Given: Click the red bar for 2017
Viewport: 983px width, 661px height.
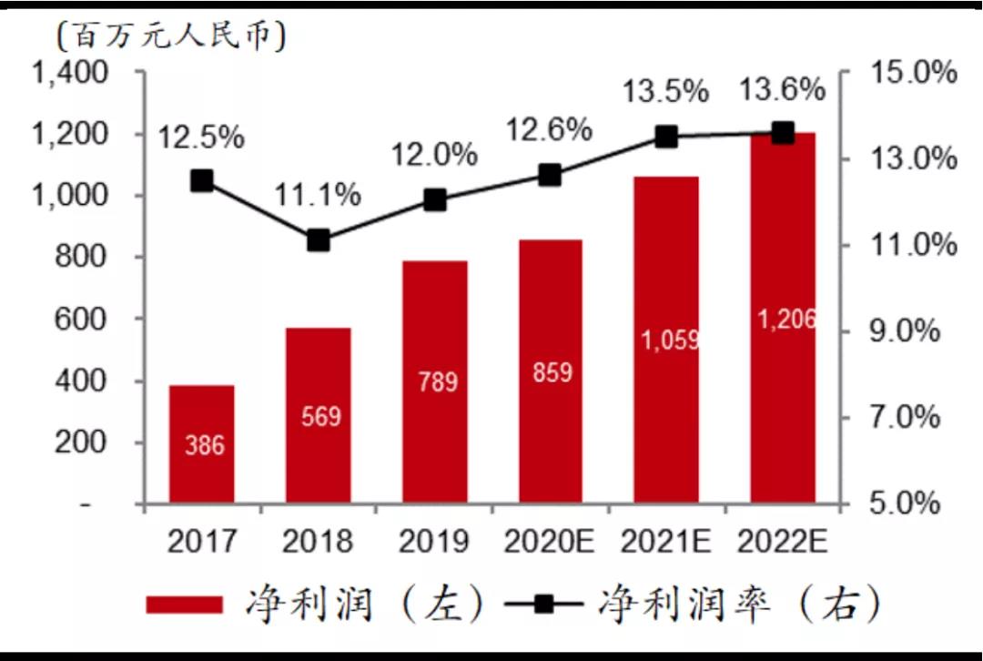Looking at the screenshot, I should coord(201,443).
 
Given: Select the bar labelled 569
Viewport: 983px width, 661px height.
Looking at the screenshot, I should coord(318,415).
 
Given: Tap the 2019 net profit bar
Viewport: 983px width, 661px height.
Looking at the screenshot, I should coord(435,382).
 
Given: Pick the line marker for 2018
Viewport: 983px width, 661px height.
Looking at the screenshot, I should coord(318,240).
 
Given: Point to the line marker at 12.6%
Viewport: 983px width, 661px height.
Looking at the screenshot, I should coord(550,176).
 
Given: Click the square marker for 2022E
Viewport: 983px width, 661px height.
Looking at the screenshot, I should coord(783,133).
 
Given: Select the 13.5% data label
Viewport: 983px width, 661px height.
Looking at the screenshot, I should coord(665,91).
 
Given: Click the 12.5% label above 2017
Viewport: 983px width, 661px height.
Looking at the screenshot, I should coord(201,138).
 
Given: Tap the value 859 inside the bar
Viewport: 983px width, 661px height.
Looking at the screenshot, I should coord(551,373).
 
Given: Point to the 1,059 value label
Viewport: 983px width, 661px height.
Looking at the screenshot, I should coord(669,340).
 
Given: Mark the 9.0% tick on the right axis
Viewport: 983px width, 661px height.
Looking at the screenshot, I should coord(901,331).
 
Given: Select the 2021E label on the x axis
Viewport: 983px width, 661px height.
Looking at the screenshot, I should coord(666,543).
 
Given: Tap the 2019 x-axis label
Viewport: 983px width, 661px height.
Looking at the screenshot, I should coord(434,543).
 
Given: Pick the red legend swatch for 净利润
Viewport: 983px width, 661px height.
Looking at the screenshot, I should coord(184,604).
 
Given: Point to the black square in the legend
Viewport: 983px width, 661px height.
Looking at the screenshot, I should coord(542,604).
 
